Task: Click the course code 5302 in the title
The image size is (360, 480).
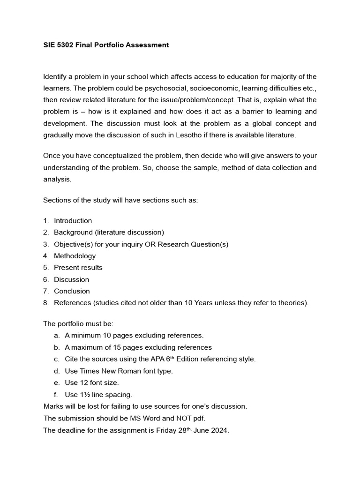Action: click(x=63, y=45)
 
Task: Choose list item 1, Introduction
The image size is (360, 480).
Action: click(x=73, y=220)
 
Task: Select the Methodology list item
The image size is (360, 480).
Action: click(x=75, y=255)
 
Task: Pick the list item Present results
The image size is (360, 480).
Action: click(x=78, y=267)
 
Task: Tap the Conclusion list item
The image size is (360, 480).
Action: click(x=72, y=291)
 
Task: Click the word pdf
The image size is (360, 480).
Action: click(x=199, y=419)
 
